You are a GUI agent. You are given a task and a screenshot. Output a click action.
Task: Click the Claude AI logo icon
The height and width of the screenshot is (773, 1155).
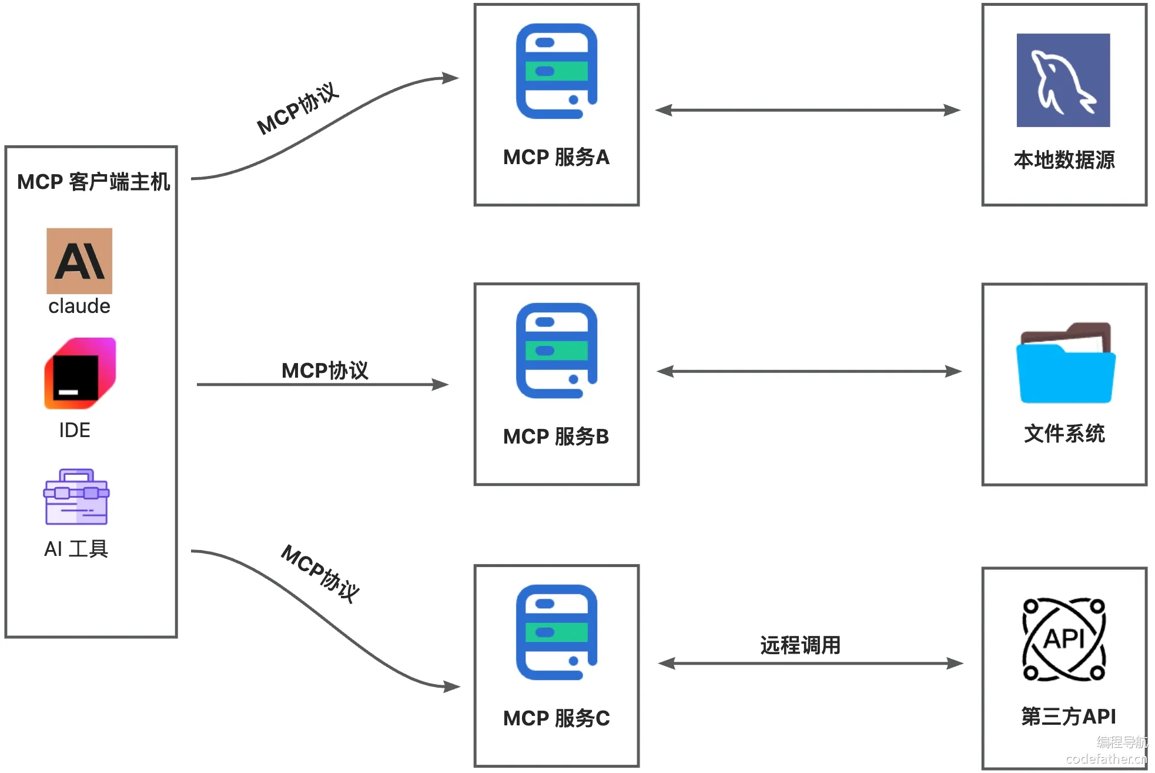tap(79, 261)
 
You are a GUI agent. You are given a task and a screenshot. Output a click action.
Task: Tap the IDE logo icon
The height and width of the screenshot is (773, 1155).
tap(80, 373)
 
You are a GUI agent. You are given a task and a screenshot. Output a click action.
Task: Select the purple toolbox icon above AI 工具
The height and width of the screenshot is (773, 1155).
tap(76, 497)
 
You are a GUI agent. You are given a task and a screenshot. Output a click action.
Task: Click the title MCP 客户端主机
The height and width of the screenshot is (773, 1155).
tap(93, 182)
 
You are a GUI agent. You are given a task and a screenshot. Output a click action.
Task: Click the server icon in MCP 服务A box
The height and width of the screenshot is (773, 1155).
tap(556, 71)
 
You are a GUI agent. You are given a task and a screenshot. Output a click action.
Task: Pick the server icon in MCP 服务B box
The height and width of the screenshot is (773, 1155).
tap(556, 351)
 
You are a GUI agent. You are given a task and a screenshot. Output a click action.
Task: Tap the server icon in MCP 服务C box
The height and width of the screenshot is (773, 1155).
tap(556, 632)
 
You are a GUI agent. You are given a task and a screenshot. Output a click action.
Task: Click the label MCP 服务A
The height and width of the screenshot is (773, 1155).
tap(556, 157)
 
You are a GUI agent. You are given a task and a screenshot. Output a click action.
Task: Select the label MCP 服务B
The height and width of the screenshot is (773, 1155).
tap(556, 437)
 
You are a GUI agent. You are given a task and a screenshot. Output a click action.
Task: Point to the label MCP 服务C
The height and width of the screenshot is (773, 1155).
tap(556, 718)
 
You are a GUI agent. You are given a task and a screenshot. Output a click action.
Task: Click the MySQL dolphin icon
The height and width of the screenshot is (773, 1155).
tap(1063, 80)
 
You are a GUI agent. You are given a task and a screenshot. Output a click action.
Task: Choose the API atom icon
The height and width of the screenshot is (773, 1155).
tap(1064, 639)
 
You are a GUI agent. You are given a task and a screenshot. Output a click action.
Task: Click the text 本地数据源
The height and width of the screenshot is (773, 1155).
tap(1064, 160)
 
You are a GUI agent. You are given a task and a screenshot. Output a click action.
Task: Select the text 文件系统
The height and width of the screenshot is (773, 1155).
tap(1064, 434)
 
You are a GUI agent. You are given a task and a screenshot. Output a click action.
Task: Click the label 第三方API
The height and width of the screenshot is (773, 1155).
tap(1068, 716)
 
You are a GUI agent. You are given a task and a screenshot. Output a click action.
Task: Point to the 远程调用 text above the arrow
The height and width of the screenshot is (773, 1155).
tap(800, 645)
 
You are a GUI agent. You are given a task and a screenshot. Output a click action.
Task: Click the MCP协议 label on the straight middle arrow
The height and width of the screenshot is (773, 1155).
tap(324, 371)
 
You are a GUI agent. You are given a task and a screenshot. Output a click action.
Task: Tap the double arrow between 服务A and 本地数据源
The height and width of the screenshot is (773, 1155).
tap(808, 110)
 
